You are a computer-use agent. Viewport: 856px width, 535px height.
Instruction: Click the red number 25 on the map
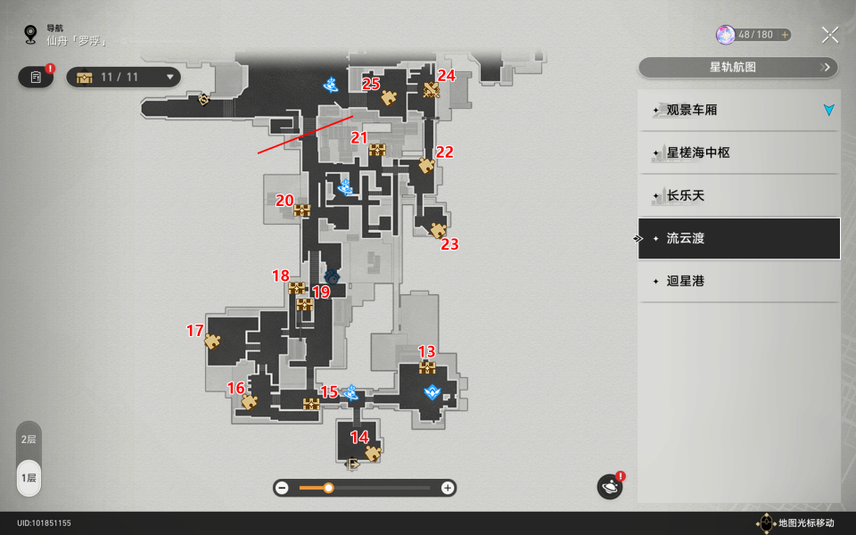point(371,84)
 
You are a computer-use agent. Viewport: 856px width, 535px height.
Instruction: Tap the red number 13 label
point(426,351)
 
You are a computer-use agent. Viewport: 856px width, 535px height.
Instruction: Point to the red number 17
point(195,330)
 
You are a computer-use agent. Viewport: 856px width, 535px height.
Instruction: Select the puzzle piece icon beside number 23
point(438,230)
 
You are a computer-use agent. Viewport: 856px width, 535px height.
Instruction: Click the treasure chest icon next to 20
point(302,210)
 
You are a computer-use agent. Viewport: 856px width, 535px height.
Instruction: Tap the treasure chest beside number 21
point(377,150)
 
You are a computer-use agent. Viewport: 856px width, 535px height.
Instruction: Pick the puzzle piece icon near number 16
point(250,402)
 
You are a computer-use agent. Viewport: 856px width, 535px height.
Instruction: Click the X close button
point(830,35)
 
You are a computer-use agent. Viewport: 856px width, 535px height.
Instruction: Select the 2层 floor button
point(29,440)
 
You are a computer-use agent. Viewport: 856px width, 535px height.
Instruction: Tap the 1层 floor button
point(29,478)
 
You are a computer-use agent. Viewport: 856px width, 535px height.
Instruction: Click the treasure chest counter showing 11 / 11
point(123,77)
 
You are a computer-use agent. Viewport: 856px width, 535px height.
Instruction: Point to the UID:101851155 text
point(44,523)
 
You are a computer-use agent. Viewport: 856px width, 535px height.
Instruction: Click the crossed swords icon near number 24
point(432,90)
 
